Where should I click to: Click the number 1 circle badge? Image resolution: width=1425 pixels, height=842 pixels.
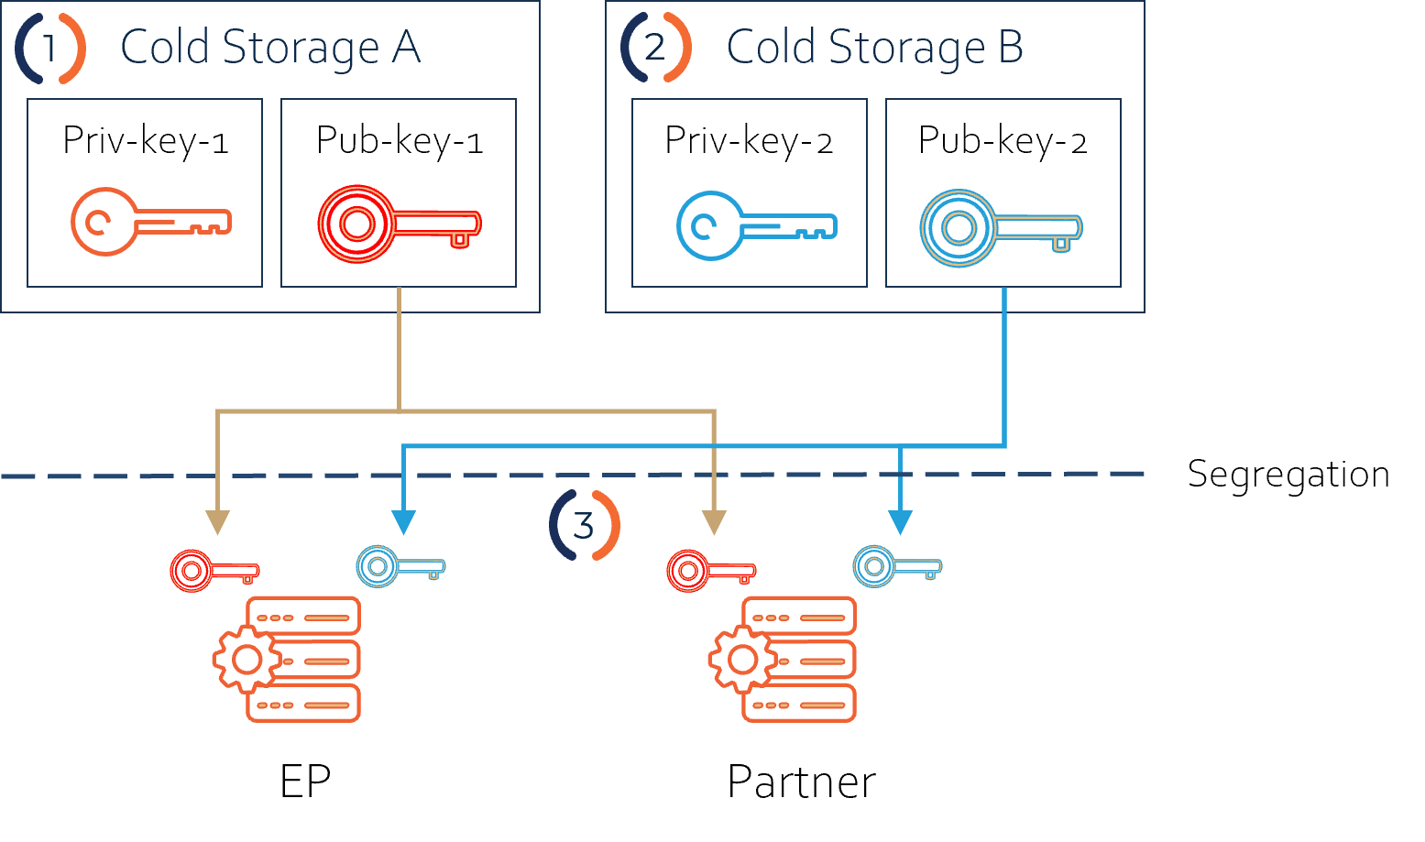pos(50,48)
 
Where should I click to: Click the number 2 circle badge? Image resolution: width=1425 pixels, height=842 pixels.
pos(655,48)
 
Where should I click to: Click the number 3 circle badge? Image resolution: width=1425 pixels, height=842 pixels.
pos(584,526)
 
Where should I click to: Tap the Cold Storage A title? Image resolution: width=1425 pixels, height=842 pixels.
pos(269,48)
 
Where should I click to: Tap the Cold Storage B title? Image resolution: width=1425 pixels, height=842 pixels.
pos(874,48)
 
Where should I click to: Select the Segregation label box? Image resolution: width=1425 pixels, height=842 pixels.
pos(1288,473)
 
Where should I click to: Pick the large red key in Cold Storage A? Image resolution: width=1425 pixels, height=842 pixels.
pos(399,224)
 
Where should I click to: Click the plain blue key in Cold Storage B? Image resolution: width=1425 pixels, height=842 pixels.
pos(755,225)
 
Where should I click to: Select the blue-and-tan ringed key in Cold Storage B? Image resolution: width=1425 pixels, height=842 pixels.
pos(1001,228)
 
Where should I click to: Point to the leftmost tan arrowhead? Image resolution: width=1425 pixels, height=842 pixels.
pos(217,522)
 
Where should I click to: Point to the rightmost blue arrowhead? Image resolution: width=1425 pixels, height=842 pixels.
pos(900,522)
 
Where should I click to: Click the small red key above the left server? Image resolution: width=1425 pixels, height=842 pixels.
pos(214,571)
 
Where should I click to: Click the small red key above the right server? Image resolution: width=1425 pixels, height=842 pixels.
pos(710,571)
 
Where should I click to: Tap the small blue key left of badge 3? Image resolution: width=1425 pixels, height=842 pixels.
pos(400,566)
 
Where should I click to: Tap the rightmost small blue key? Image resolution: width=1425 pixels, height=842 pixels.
pos(896,566)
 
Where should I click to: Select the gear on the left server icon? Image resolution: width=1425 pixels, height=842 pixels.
pos(246,659)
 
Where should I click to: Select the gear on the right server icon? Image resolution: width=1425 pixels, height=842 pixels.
pos(741,659)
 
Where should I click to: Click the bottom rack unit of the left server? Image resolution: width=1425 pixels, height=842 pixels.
pos(303,704)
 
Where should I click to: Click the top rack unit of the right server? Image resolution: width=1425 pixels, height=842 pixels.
pos(799,616)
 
